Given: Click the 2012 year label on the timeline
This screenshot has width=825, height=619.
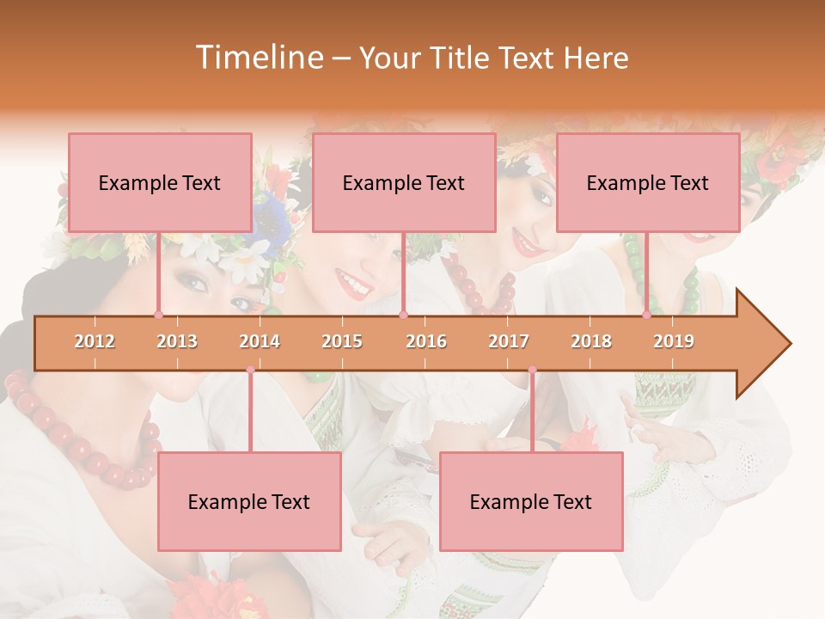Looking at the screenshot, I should (x=95, y=341).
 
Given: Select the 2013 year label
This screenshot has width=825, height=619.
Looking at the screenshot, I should (x=177, y=341).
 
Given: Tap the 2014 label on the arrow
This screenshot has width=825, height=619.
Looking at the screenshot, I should (x=260, y=341).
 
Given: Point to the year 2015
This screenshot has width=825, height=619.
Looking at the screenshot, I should (x=342, y=341).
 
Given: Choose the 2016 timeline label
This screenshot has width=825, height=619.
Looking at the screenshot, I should (x=426, y=341).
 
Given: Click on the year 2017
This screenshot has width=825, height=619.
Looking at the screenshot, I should (x=509, y=341).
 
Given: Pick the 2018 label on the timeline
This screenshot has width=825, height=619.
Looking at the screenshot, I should (x=591, y=341).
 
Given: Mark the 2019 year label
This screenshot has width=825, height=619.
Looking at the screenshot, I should (x=674, y=341).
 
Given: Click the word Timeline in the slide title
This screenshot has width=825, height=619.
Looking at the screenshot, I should (x=258, y=58).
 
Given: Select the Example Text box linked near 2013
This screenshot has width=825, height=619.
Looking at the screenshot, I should (x=160, y=182).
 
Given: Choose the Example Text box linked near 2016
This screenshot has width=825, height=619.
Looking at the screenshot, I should (x=404, y=182).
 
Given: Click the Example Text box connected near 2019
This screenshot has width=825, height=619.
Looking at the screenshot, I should (x=648, y=182).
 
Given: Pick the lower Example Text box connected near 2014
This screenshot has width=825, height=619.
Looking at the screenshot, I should (x=249, y=501).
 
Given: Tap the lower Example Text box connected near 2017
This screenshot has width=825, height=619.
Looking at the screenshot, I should (x=531, y=501).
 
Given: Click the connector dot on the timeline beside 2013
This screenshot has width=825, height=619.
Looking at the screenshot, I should (x=158, y=315).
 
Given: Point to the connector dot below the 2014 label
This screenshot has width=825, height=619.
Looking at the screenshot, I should (x=250, y=370).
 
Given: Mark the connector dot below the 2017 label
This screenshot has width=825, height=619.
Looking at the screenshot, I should (x=532, y=370).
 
